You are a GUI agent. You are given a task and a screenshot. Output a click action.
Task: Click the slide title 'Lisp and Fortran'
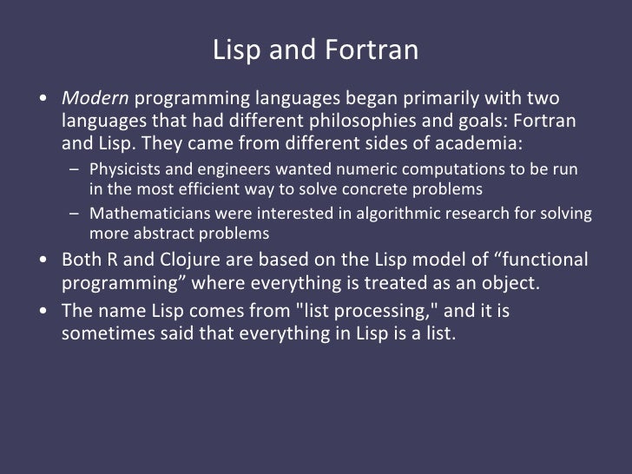(315, 51)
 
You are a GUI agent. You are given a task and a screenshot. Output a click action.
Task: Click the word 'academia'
(478, 142)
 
